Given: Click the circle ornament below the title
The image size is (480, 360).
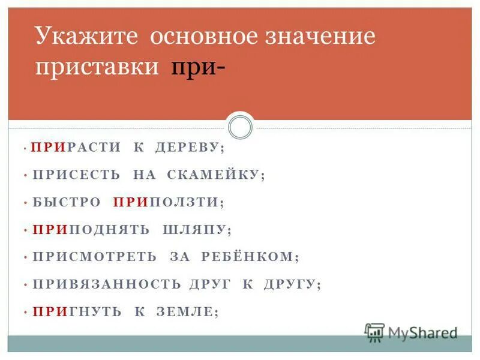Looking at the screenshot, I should coord(240,127).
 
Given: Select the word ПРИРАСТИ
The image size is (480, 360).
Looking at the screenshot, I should coord(76,147).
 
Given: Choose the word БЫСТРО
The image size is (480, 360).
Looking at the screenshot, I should coord(66,202).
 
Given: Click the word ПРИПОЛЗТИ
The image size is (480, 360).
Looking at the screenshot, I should coord(166,202).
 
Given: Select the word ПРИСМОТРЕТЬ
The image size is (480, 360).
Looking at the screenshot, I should coord(94,257).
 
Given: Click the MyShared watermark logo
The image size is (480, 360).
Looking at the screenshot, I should coord(412,332).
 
